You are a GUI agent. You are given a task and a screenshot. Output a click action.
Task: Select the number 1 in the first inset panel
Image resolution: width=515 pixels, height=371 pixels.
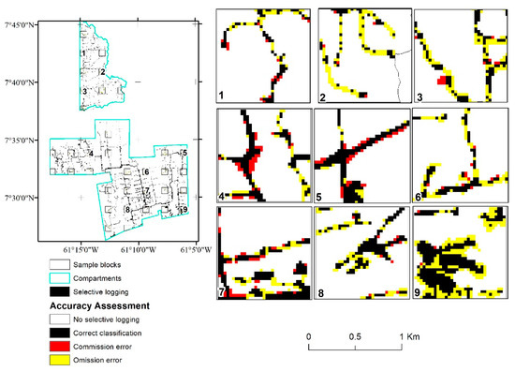[222, 95]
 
